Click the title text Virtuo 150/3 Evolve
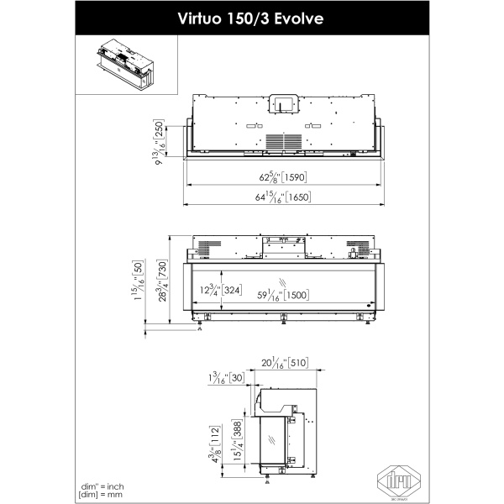coord(251,18)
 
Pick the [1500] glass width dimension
coord(294,295)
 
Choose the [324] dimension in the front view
coord(233,291)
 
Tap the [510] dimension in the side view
coord(297,364)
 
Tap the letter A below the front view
coord(199,330)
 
